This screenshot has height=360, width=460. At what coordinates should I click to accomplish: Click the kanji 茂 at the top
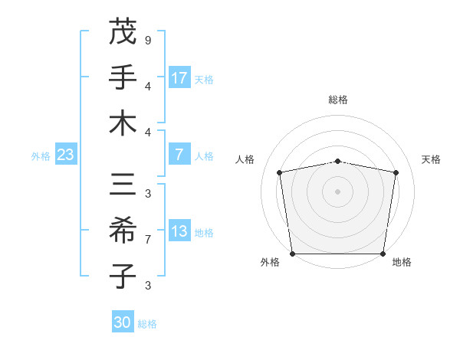(x=123, y=33)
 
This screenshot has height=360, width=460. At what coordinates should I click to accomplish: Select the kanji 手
(x=123, y=78)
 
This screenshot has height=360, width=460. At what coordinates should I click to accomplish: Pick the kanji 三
(x=123, y=185)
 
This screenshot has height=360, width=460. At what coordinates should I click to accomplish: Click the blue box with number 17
(x=179, y=78)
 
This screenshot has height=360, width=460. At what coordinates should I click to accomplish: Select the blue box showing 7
(x=179, y=155)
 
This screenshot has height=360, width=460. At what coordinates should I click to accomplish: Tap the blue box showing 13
(x=179, y=232)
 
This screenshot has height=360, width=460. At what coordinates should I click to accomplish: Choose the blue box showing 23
(x=65, y=155)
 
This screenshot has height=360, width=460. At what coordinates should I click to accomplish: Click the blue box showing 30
(x=123, y=322)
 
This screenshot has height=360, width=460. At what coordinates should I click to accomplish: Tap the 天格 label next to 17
(x=204, y=79)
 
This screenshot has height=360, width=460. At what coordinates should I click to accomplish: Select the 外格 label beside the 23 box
(x=41, y=155)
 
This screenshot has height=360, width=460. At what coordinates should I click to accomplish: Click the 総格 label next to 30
(x=147, y=323)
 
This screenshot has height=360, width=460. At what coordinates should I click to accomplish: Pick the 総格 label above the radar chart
(x=338, y=100)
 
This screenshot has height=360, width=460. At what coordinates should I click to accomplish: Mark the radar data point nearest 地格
(x=383, y=254)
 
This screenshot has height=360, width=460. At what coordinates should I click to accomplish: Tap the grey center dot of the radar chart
(x=338, y=191)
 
